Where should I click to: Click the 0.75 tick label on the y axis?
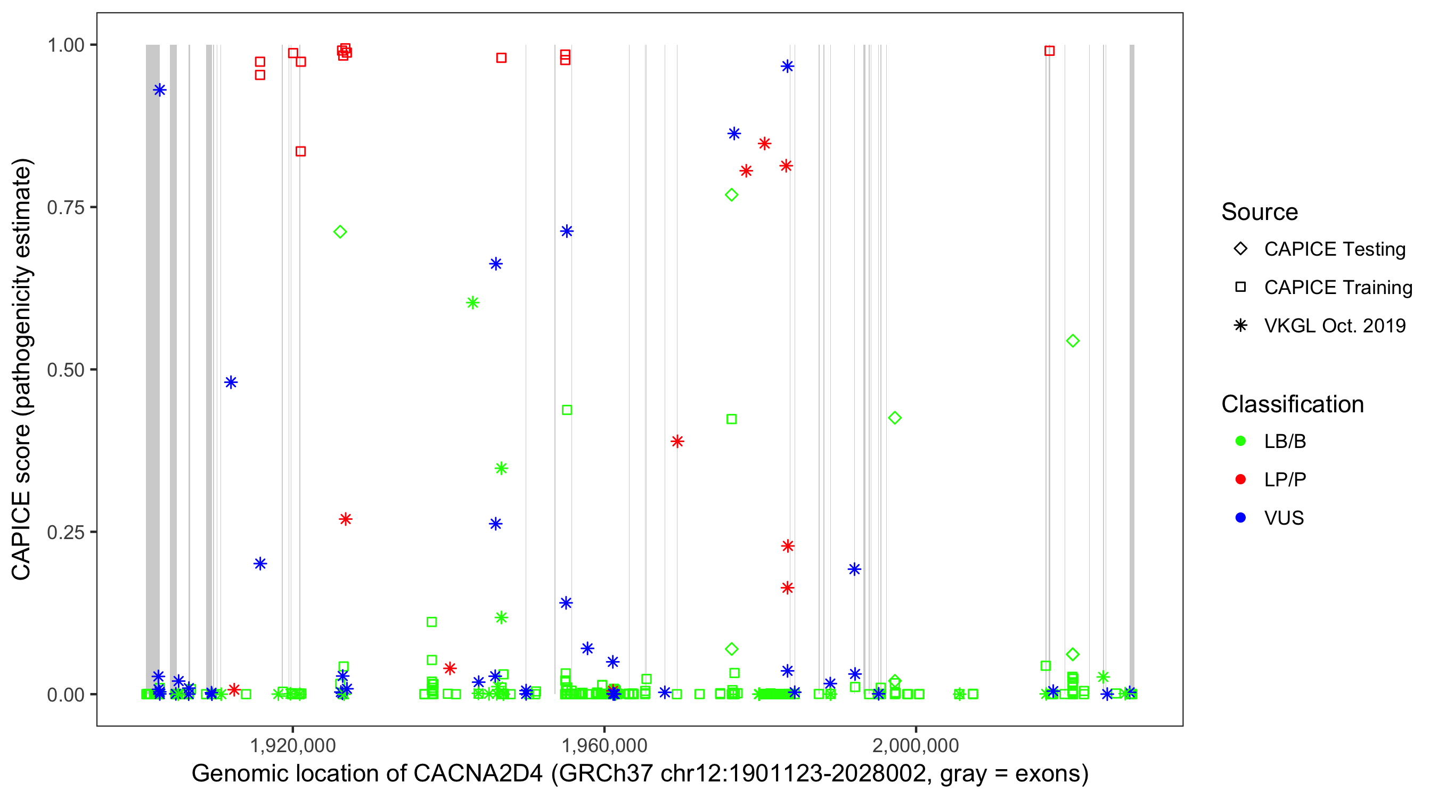pos(66,207)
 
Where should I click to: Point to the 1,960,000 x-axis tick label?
pos(604,745)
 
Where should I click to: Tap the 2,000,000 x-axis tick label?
pos(916,745)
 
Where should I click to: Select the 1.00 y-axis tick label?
pos(66,45)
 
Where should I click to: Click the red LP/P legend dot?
pos(1240,479)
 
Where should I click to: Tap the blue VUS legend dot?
pos(1240,518)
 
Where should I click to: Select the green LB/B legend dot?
pos(1240,441)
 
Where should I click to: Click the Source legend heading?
pos(1260,212)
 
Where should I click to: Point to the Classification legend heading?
pos(1292,404)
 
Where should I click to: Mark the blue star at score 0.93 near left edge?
pos(160,90)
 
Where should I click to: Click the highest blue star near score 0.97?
pos(787,67)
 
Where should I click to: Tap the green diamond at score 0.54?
pos(1072,340)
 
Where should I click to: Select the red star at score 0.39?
pos(677,442)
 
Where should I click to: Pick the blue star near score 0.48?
pos(231,382)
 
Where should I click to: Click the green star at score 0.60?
pos(473,303)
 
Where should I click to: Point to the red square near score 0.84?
pos(300,151)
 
